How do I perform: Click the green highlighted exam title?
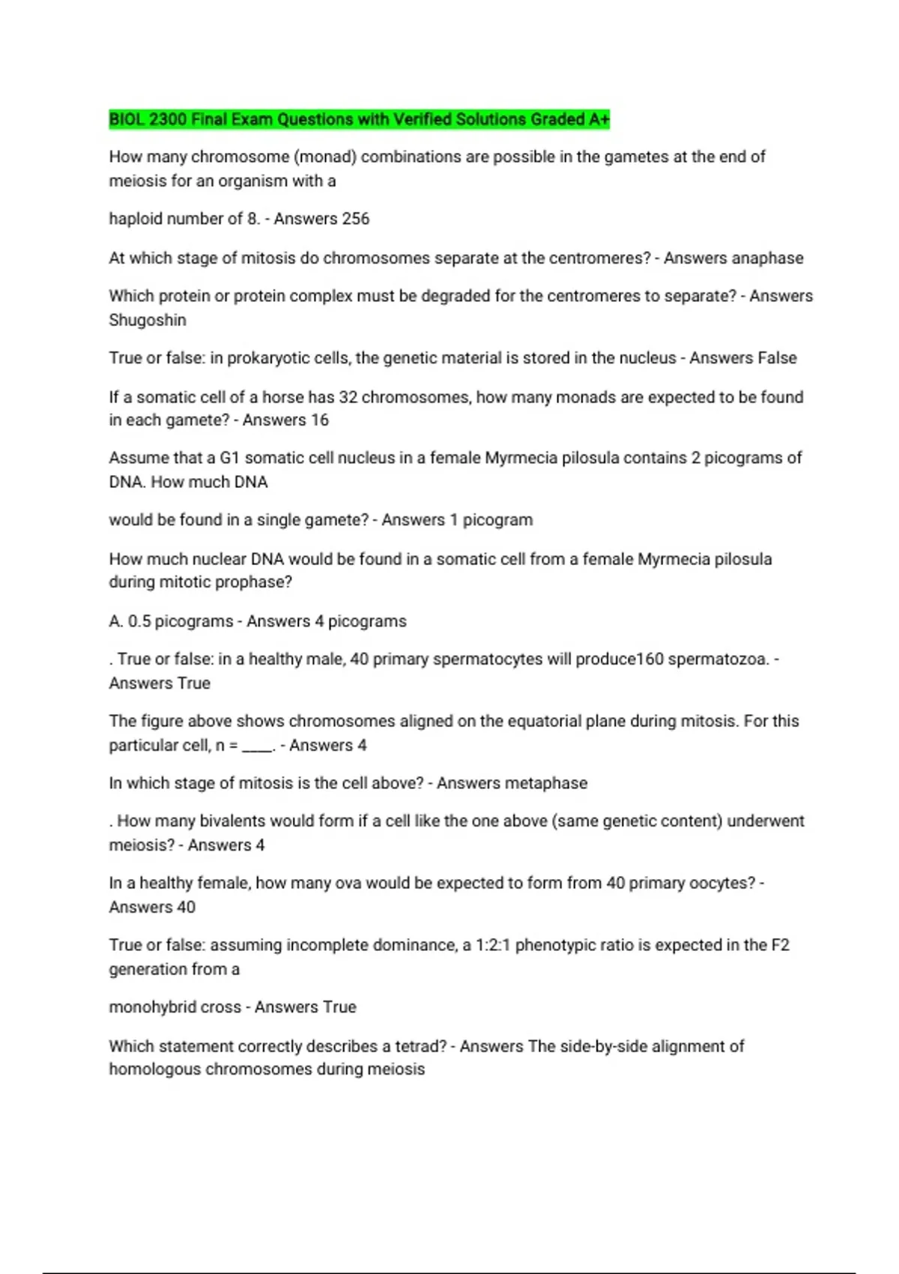pos(359,119)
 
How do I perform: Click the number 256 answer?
pos(355,219)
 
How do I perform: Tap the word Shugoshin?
pos(148,320)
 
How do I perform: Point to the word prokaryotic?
pos(267,358)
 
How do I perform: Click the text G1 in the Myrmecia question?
pos(229,458)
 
